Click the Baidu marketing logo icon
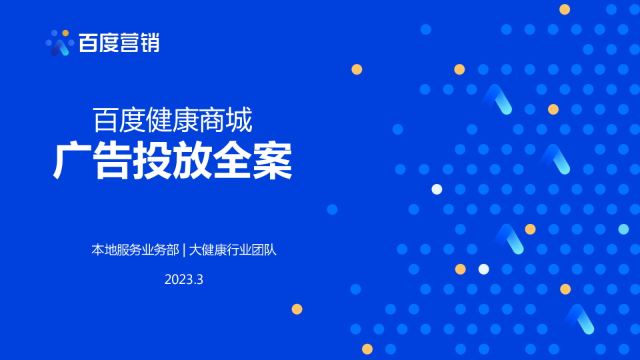59,43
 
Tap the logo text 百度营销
119,43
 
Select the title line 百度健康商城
173,120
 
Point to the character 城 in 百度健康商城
239,120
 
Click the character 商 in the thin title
213,120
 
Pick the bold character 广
72,161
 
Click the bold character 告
112,161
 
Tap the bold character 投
152,161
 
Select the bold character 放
192,161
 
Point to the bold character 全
232,161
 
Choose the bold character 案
272,161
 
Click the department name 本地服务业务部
135,250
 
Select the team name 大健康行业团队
233,250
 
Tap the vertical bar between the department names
184,250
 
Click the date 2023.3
184,279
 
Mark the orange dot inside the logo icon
65,33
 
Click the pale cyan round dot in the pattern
623,229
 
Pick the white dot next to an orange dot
484,269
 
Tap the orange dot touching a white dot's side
461,269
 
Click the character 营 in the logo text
129,43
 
